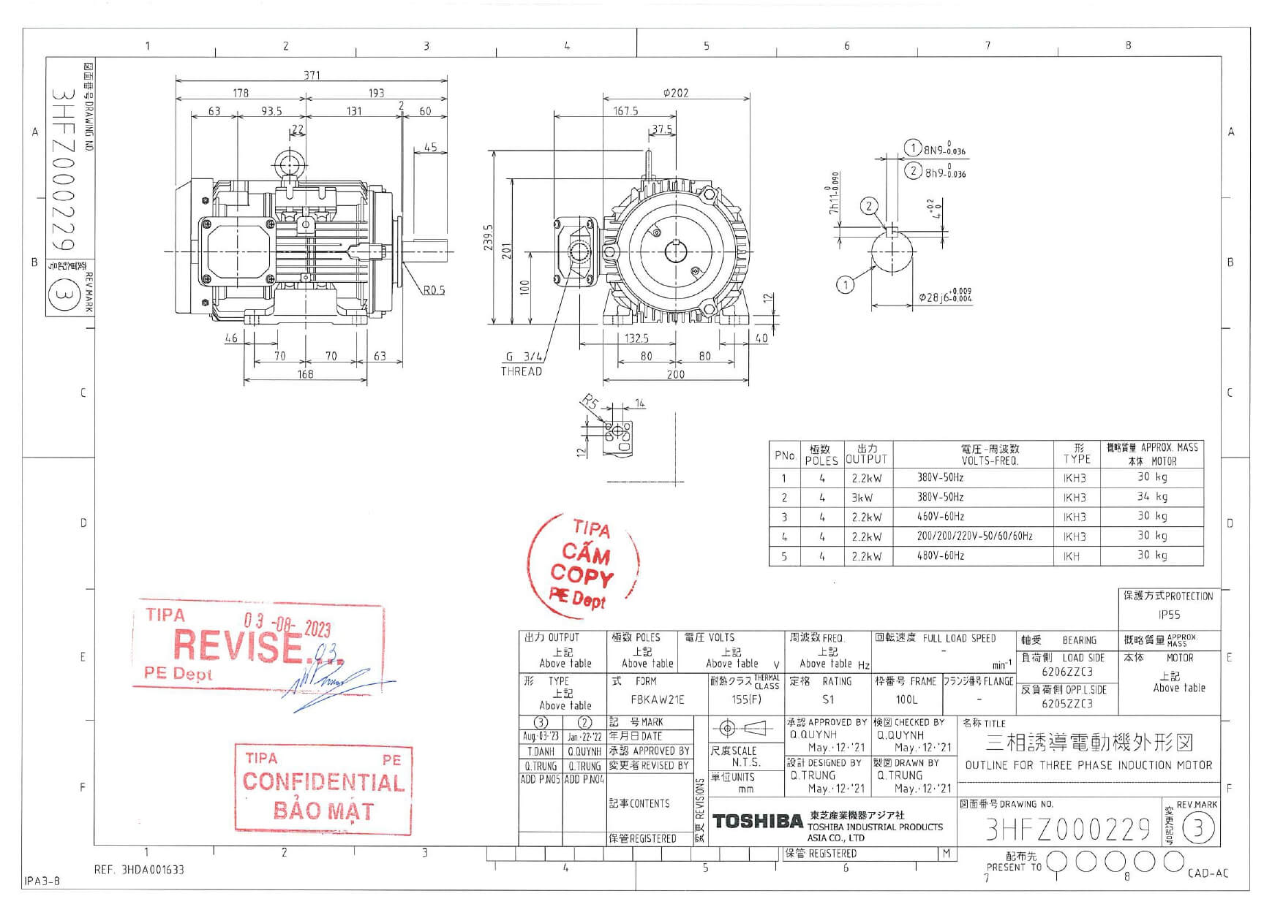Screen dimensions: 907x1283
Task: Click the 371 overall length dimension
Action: pos(312,75)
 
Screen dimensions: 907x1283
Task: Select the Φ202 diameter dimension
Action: pos(675,93)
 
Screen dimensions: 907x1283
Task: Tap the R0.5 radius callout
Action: pos(434,290)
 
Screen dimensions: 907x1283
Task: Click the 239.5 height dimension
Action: pos(489,238)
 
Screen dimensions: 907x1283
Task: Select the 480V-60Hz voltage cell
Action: pos(940,556)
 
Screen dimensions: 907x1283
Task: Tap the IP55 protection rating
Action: pos(1168,615)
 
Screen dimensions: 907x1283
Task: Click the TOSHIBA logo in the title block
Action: pos(757,821)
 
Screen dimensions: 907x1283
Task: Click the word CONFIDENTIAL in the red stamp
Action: pos(323,782)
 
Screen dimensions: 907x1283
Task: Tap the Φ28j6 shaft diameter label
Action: pos(944,297)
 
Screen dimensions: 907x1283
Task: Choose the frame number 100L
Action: pos(906,699)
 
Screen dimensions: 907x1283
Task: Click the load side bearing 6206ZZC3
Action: pos(1067,672)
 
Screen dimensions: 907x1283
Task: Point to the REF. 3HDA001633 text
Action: pos(139,870)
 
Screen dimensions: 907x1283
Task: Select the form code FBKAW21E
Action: pos(657,699)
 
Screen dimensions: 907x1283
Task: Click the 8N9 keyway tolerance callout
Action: pos(944,151)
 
